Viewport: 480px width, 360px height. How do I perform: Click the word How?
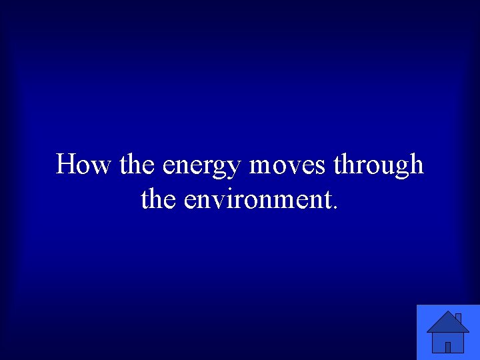point(83,164)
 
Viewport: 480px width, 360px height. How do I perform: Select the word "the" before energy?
point(138,164)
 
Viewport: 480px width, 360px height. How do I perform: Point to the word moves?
point(288,164)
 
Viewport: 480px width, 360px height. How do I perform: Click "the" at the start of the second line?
point(159,199)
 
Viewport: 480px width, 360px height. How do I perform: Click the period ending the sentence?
point(335,206)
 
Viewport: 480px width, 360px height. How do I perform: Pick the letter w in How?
point(99,166)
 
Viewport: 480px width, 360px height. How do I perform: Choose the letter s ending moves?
point(321,166)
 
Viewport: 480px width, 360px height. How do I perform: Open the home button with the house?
point(448,332)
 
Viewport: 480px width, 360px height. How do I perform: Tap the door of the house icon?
point(448,347)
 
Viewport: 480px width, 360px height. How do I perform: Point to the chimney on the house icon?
point(458,317)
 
